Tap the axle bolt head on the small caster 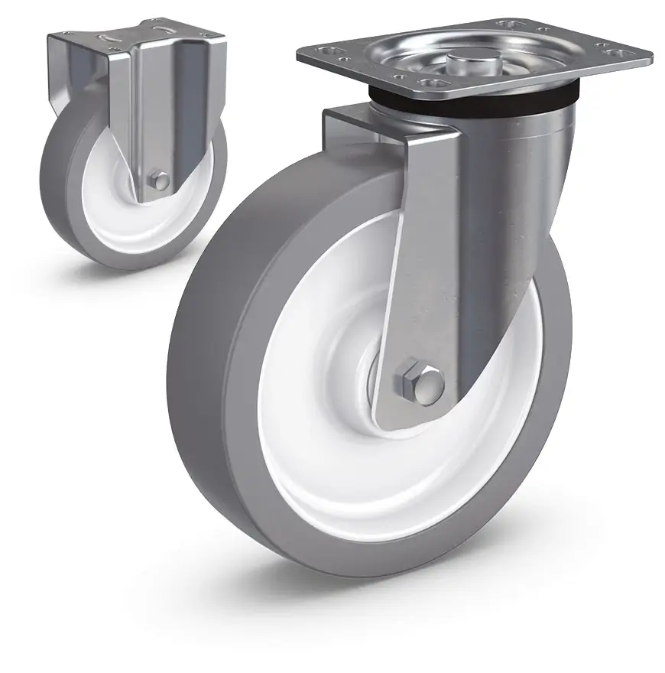[160, 181]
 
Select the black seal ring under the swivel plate [474, 102]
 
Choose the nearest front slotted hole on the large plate [435, 83]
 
